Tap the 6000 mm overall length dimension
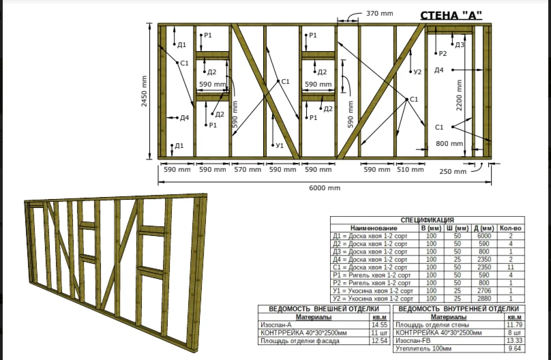click(x=325, y=187)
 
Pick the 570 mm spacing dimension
click(x=248, y=170)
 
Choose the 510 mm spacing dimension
click(x=410, y=170)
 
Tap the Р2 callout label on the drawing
click(x=443, y=53)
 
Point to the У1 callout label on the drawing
click(x=279, y=145)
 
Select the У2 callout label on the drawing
click(x=418, y=71)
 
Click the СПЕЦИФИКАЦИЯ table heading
click(x=428, y=220)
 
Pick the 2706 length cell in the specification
click(x=483, y=290)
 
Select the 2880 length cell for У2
click(x=483, y=299)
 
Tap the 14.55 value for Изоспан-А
click(x=377, y=325)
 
